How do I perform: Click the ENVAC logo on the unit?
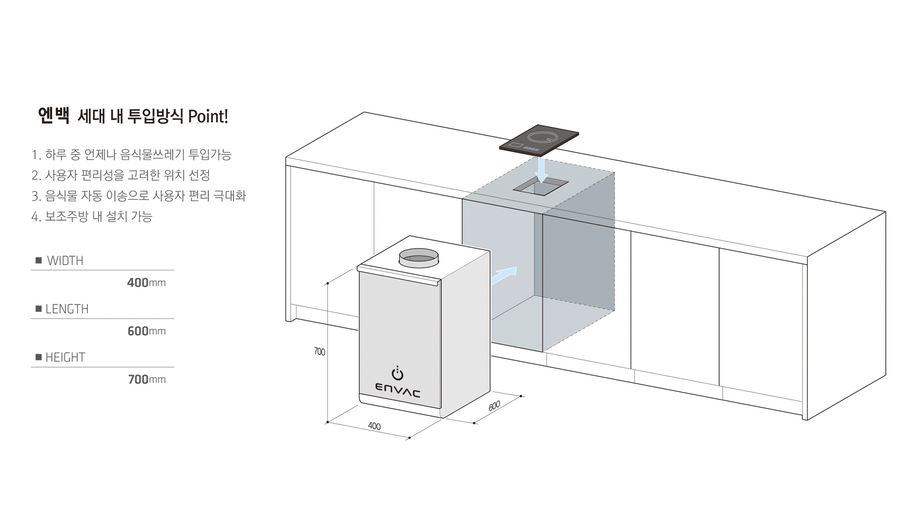coord(398,390)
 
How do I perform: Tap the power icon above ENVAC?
coord(397,373)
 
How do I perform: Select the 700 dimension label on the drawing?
coord(319,352)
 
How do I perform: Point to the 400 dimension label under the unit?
coord(374,426)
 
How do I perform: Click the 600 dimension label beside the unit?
coord(494,406)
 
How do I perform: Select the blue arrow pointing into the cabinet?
coord(504,276)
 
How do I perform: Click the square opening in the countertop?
coord(541,185)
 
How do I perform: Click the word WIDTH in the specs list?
coord(65,261)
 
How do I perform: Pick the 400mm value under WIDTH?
coord(146,283)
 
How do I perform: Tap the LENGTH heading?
coord(67,309)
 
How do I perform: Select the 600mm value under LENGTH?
coord(147,331)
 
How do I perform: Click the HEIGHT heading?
coord(65,357)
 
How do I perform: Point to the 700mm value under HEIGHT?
coord(147,379)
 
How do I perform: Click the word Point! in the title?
coord(208,116)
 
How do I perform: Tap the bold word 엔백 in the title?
coord(54,116)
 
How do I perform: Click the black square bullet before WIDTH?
coord(39,260)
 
